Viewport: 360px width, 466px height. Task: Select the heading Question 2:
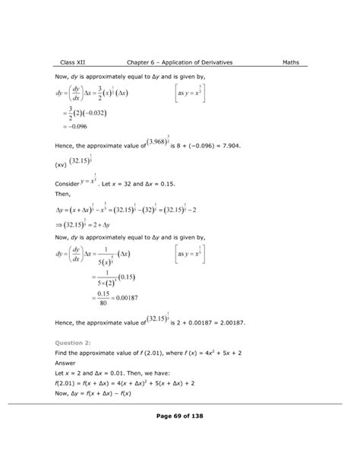point(75,344)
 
